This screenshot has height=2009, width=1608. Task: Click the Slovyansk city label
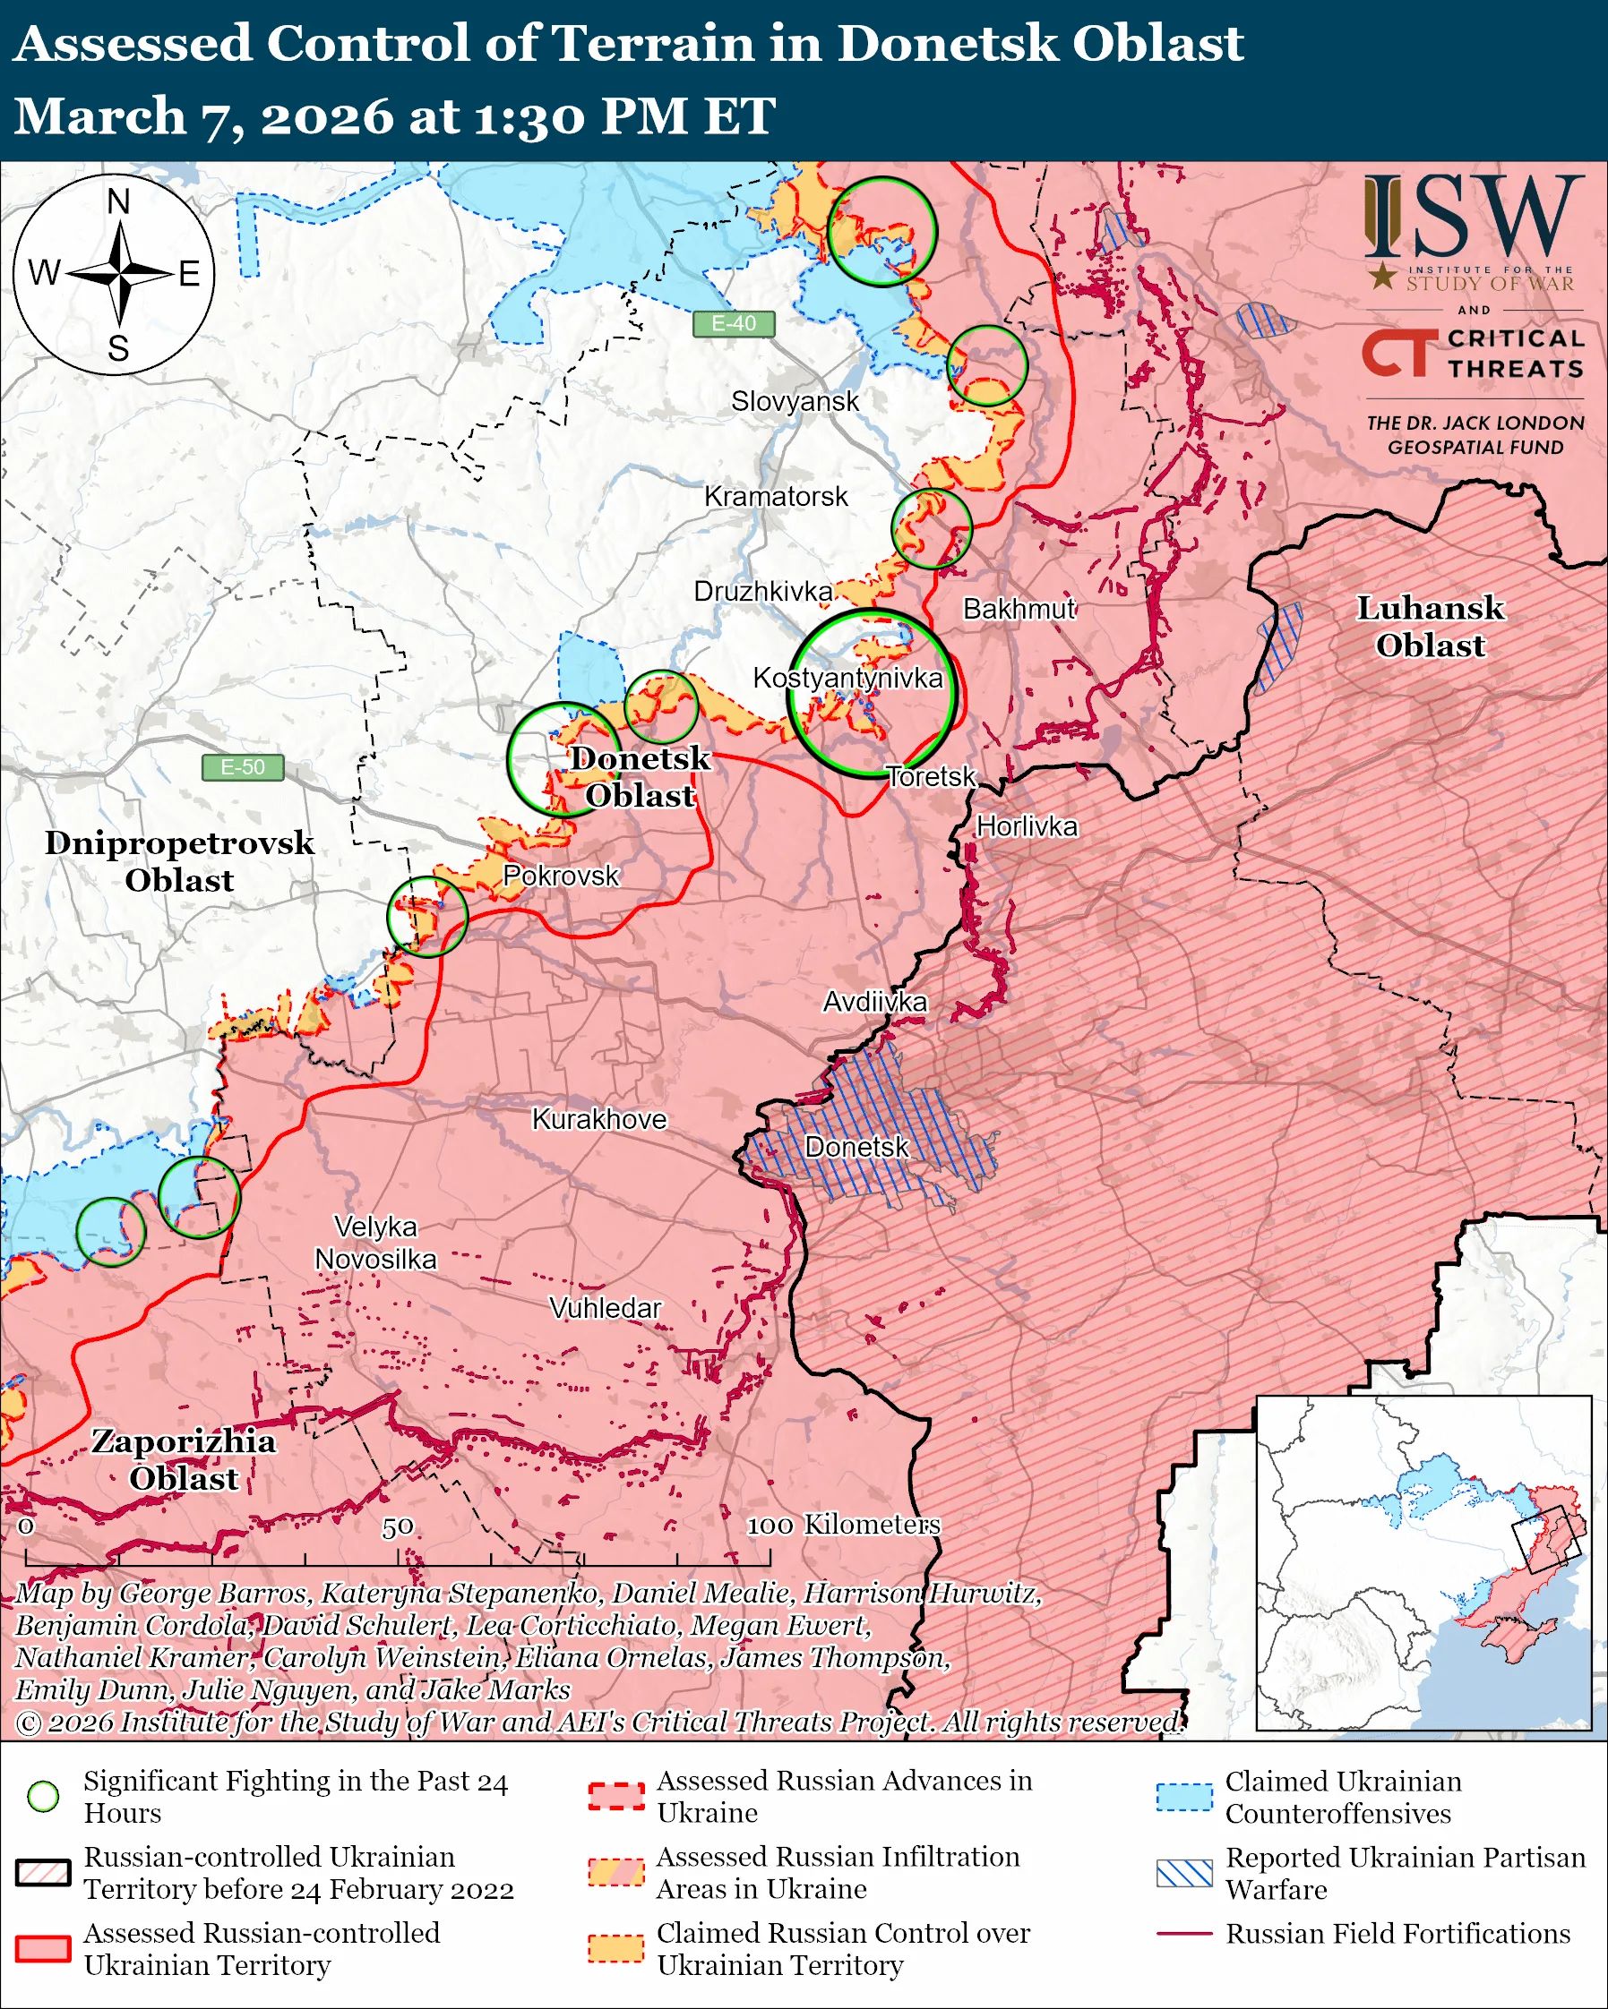795,402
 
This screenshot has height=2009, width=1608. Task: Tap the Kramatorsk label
776,497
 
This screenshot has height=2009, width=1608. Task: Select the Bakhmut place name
1019,610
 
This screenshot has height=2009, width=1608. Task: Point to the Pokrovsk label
560,876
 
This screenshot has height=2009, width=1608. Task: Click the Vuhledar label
605,1308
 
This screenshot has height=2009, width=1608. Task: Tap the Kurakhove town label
599,1119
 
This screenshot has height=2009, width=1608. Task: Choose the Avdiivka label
874,1002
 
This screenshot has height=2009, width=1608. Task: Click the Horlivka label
1027,826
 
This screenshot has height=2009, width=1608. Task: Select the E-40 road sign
734,323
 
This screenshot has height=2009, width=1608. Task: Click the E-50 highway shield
243,767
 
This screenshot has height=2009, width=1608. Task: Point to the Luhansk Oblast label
1430,626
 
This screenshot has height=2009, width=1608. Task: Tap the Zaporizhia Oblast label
184,1459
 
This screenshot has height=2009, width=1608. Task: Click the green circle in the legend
44,1796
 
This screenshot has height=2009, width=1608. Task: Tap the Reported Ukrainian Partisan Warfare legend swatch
1184,1873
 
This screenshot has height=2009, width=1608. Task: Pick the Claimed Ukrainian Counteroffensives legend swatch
1184,1797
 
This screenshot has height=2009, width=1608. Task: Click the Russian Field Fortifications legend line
1184,1934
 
